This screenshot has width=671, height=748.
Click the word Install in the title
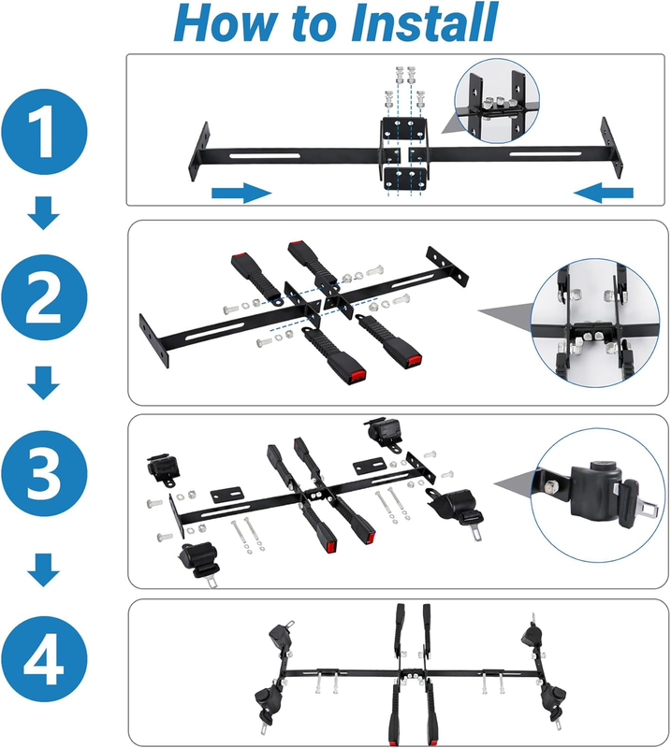(x=424, y=22)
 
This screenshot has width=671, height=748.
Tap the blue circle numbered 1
(x=44, y=132)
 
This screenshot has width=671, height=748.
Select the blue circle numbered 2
(x=44, y=297)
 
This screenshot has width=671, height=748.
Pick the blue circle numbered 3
(x=44, y=473)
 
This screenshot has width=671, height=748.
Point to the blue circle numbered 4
(x=44, y=659)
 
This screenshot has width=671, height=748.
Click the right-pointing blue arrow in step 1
(x=241, y=193)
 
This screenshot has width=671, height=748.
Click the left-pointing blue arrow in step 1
(x=604, y=193)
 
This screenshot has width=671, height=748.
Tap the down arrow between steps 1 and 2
(x=43, y=213)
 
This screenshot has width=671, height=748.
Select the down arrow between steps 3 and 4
(x=43, y=570)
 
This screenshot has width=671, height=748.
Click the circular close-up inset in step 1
(x=497, y=101)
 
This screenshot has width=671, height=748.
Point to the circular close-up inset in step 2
(x=595, y=323)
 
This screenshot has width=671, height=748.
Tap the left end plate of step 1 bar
(x=199, y=151)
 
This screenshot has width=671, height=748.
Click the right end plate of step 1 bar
(x=612, y=148)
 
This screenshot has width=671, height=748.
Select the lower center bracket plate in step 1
(x=405, y=178)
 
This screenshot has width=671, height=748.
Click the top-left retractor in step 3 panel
(x=164, y=469)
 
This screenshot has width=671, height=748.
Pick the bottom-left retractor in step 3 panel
(x=199, y=564)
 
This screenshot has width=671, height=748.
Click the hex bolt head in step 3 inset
(x=550, y=486)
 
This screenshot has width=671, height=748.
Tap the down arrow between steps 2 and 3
(x=43, y=383)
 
